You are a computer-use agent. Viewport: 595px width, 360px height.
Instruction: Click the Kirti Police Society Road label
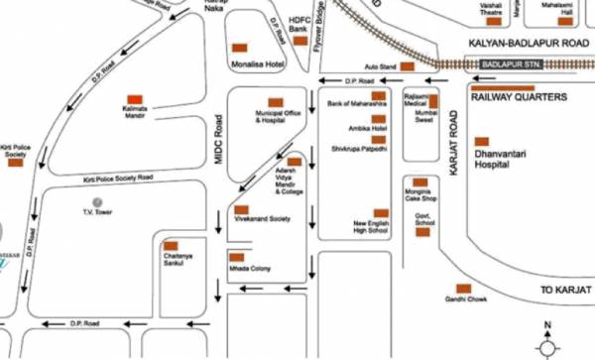[x=119, y=177]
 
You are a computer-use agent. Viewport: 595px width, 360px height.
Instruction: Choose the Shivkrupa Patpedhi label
[x=360, y=148]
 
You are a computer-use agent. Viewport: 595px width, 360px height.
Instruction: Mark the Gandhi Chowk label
[x=463, y=300]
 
